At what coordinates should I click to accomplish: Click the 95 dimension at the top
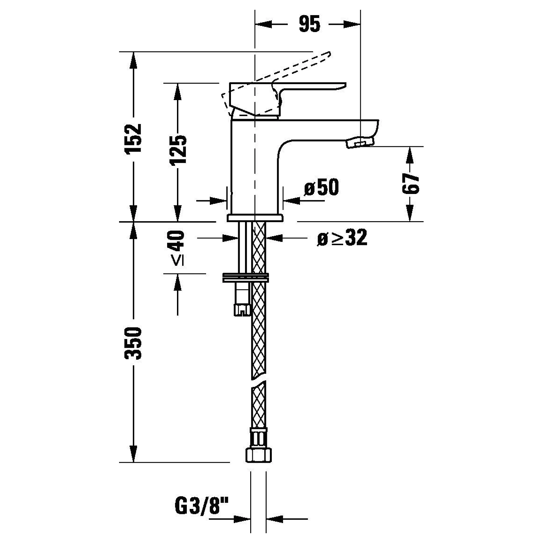[x=309, y=25]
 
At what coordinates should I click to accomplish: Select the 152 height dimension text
[x=133, y=138]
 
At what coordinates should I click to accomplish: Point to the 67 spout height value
[x=411, y=184]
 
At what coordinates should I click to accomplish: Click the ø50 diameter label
[x=322, y=187]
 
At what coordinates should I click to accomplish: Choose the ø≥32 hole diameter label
[x=342, y=238]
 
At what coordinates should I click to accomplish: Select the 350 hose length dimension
[x=133, y=343]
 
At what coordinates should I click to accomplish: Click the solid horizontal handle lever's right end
[x=345, y=84]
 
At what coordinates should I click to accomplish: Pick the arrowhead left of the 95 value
[x=263, y=25]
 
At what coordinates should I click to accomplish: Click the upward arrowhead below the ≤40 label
[x=178, y=282]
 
